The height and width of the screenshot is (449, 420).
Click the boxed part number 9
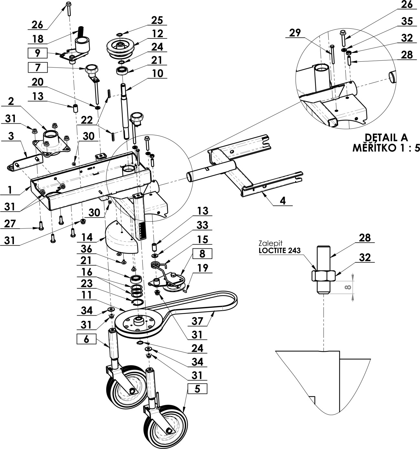pyautogui.click(x=37, y=53)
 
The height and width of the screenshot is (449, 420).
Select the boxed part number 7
pyautogui.click(x=37, y=68)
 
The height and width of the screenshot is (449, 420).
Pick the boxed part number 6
pyautogui.click(x=86, y=339)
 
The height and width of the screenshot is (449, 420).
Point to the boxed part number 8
pyautogui.click(x=202, y=254)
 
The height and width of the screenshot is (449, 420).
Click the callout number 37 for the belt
pyautogui.click(x=197, y=321)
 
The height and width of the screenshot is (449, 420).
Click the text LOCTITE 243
pyautogui.click(x=279, y=250)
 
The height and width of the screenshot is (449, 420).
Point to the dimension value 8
pyautogui.click(x=348, y=287)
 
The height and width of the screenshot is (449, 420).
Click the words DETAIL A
pyautogui.click(x=386, y=138)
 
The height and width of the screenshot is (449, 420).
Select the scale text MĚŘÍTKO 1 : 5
pyautogui.click(x=386, y=148)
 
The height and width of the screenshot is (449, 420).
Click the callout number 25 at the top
pyautogui.click(x=157, y=20)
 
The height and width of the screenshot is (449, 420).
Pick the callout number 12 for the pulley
pyautogui.click(x=157, y=34)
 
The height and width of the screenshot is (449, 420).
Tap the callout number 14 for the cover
pyautogui.click(x=87, y=237)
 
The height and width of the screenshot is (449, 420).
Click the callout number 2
pyautogui.click(x=11, y=101)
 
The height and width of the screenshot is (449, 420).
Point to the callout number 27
pyautogui.click(x=10, y=224)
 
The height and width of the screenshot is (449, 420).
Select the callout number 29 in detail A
pyautogui.click(x=295, y=33)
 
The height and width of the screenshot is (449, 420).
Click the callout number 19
pyautogui.click(x=203, y=268)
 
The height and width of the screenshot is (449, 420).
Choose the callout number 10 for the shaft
pyautogui.click(x=157, y=73)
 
